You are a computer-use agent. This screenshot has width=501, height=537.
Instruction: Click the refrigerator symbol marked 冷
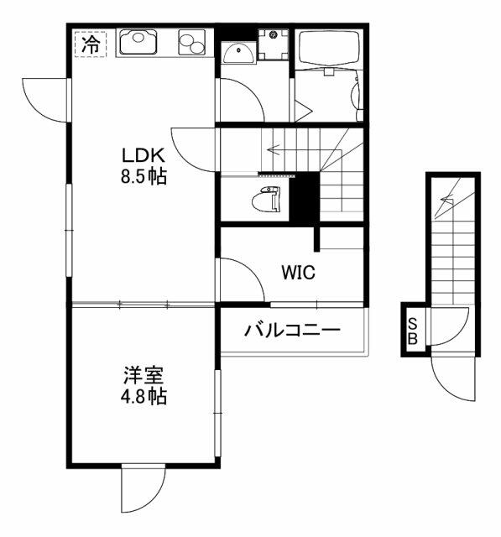[91, 44]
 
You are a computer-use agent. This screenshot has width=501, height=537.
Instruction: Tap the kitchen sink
[138, 42]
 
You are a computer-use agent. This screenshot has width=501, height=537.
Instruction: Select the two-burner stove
[191, 43]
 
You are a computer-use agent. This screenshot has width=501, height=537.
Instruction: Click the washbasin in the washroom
[238, 53]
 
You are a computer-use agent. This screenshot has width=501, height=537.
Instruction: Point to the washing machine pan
[274, 44]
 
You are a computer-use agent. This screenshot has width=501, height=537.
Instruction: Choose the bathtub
[329, 47]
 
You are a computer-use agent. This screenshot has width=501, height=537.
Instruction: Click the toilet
[266, 198]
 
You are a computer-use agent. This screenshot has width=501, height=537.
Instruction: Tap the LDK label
[144, 156]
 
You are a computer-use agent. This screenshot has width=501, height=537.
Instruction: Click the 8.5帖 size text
[144, 177]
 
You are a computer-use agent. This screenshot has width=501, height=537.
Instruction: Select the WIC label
[298, 273]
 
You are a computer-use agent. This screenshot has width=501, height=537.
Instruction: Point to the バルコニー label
[292, 330]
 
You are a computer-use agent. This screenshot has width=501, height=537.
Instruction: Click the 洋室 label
[144, 375]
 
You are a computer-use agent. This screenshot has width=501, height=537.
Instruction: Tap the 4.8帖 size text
[144, 397]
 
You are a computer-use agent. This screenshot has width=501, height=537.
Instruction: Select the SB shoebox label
[414, 331]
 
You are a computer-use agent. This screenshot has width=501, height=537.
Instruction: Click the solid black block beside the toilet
[305, 197]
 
